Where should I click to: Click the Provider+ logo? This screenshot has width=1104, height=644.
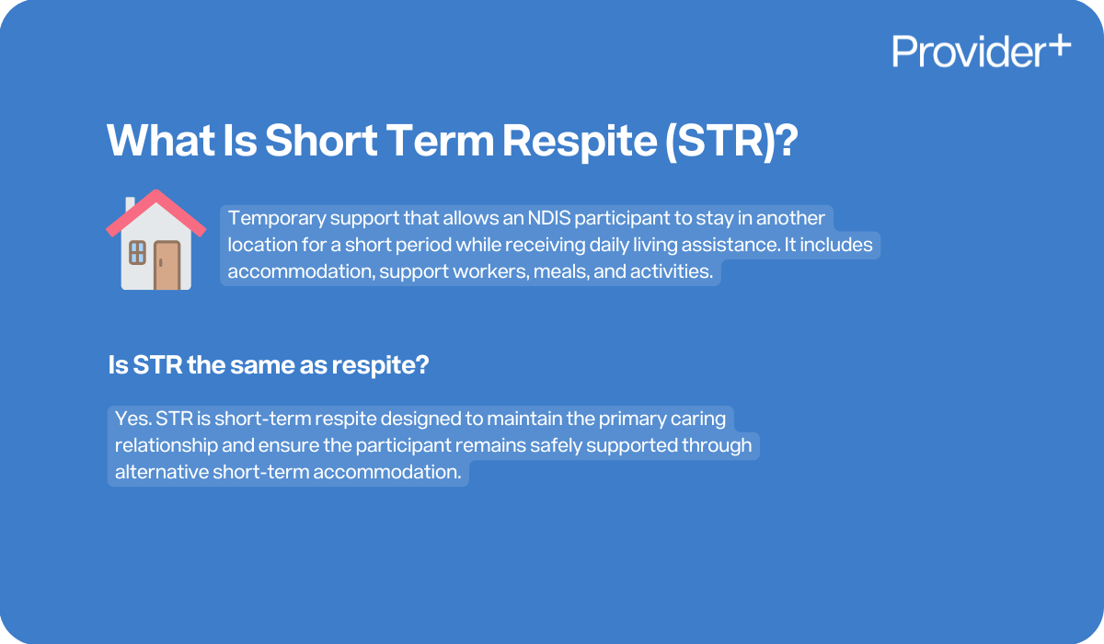(981, 51)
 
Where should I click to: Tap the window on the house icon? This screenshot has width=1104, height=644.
(137, 252)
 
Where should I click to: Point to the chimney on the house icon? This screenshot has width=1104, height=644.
(131, 203)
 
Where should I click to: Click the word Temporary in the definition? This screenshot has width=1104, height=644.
(272, 219)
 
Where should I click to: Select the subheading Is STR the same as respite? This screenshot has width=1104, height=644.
(269, 365)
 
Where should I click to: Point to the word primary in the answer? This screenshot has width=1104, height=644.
(630, 420)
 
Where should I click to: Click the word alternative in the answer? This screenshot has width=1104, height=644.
(161, 473)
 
